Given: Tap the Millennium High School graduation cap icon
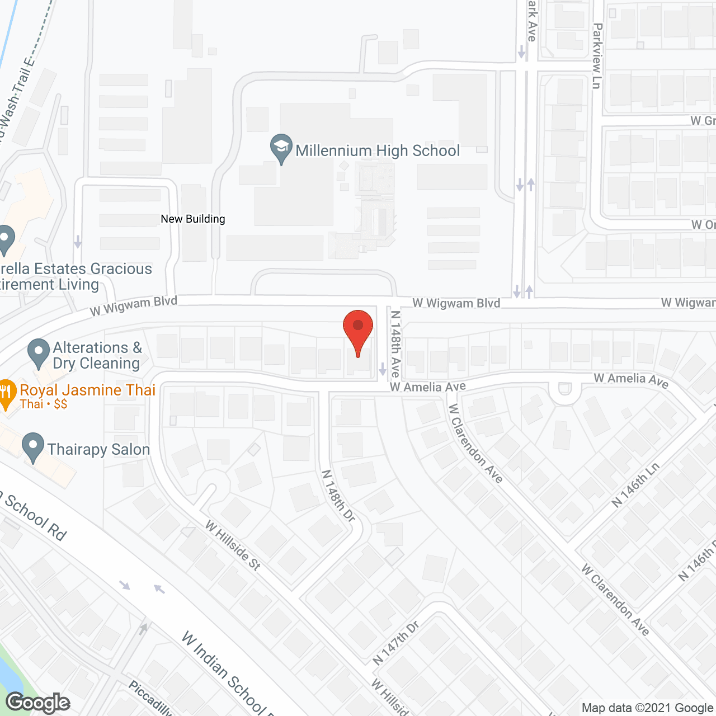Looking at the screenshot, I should (x=281, y=148).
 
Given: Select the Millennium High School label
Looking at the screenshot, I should (x=378, y=150).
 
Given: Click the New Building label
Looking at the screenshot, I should (x=193, y=219).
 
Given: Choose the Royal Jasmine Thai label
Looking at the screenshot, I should (x=88, y=390).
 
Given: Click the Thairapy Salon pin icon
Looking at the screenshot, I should (x=33, y=447).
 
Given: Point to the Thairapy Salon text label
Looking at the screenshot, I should (x=98, y=450).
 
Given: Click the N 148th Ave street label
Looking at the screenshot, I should (x=395, y=343).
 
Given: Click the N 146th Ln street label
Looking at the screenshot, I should (x=636, y=485).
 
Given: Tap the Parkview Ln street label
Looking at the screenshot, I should (x=597, y=55).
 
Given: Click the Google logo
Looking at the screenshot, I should (x=38, y=703).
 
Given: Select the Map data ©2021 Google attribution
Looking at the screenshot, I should (x=648, y=708).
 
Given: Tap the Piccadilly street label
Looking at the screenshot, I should (x=150, y=698).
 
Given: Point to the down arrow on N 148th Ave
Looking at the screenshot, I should (x=383, y=369).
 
